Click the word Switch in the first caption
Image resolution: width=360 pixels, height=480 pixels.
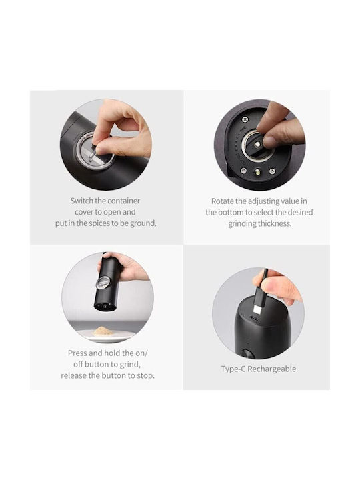(x=81, y=201)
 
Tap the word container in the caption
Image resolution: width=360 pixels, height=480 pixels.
(x=123, y=201)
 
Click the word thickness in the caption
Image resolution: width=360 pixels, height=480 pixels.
(x=275, y=223)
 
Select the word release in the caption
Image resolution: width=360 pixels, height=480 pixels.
(x=73, y=375)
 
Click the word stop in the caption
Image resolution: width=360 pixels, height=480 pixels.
(x=145, y=375)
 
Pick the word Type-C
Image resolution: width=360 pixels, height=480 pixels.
(x=233, y=369)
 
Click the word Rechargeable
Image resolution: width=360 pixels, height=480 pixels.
(x=272, y=369)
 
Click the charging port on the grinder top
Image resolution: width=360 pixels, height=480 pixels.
(x=254, y=320)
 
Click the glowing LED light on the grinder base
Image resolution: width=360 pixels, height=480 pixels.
(x=257, y=173)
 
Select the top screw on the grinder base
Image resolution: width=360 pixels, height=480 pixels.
(x=244, y=119)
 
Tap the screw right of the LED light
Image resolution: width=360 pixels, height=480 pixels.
(x=271, y=171)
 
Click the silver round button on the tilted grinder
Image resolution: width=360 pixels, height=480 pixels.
(x=103, y=282)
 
